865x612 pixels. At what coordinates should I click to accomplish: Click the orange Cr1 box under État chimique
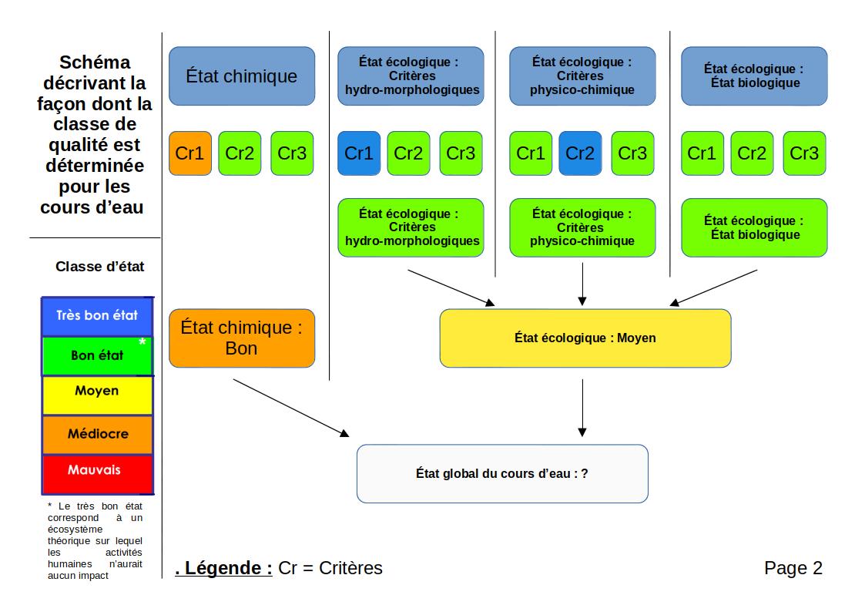click(x=189, y=153)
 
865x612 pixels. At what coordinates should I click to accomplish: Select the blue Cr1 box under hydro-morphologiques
click(x=358, y=153)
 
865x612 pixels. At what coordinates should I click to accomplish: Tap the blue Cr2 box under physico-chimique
click(x=580, y=153)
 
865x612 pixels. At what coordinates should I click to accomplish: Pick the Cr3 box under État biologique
click(x=804, y=153)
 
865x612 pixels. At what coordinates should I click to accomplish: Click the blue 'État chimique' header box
click(x=242, y=76)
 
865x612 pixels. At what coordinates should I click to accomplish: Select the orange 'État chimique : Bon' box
click(x=242, y=338)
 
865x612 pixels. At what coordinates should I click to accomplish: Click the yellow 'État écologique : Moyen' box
click(x=585, y=338)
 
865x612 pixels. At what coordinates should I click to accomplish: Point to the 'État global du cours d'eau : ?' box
click(x=502, y=474)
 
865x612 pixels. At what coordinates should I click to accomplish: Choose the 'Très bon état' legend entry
click(x=97, y=315)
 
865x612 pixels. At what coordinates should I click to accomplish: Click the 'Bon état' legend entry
click(x=97, y=355)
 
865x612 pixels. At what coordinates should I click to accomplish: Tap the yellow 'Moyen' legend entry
click(x=97, y=391)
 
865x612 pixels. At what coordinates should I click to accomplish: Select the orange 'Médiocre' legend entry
click(x=97, y=434)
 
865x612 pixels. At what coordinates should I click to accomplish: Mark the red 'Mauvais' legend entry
click(x=97, y=469)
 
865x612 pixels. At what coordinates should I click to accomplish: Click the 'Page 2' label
click(x=793, y=569)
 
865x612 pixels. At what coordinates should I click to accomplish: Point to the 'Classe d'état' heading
click(x=99, y=267)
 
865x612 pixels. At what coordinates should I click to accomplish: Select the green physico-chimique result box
click(x=582, y=227)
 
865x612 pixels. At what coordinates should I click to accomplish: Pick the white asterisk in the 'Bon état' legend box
click(x=142, y=341)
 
